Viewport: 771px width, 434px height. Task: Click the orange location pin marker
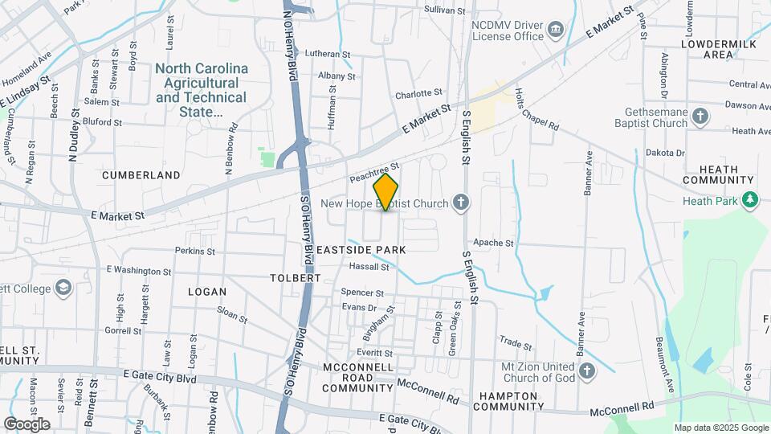coord(386,193)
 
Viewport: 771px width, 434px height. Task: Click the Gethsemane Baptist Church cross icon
coord(700,117)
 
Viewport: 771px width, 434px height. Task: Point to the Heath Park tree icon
coord(750,199)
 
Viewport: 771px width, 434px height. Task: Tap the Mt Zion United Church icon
coord(587,371)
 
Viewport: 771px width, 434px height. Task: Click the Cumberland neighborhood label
coord(141,174)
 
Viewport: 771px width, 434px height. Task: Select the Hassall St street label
coord(369,267)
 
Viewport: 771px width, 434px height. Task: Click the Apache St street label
coord(493,243)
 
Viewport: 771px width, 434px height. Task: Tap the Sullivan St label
coord(445,11)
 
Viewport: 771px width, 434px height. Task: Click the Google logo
coord(27,424)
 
